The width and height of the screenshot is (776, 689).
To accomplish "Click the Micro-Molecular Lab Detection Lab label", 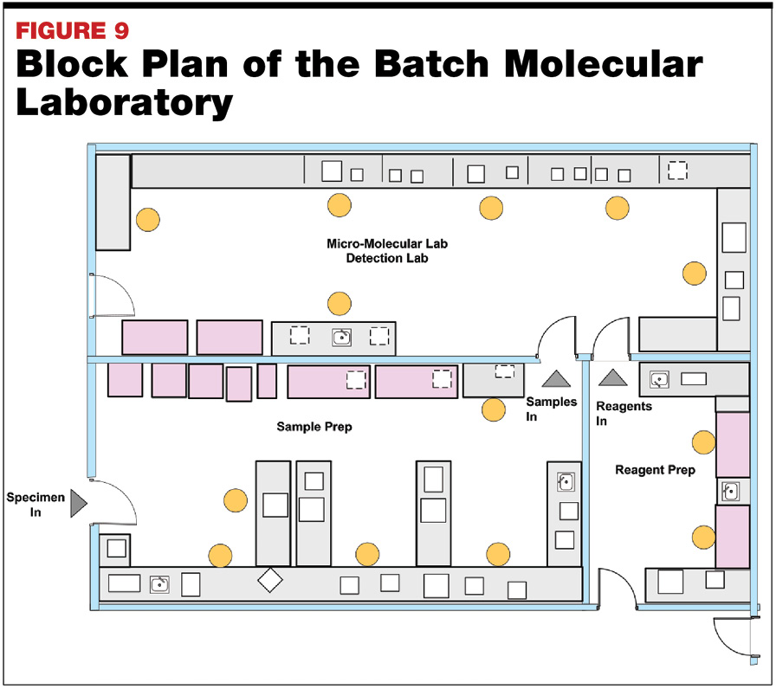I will pos(387,251).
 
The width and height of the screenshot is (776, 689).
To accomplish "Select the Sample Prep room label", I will pos(314,427).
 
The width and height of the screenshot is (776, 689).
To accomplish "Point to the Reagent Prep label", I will pos(655,470).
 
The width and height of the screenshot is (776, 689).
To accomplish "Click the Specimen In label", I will pos(33,505).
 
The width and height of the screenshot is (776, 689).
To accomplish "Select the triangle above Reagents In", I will pos(612,377).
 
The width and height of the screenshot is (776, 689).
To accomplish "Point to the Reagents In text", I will pos(624,413).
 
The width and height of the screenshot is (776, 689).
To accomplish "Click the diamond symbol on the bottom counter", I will pos(270,580).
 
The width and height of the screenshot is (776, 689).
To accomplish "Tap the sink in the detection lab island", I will pos(341,337).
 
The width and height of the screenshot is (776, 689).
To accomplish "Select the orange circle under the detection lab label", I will pos(339,304).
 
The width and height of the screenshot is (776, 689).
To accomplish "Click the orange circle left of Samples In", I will pos(494,409).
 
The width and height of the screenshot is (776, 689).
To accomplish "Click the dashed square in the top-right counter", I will pos(677,170).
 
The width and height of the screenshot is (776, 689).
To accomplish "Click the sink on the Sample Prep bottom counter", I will pos(159,583).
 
